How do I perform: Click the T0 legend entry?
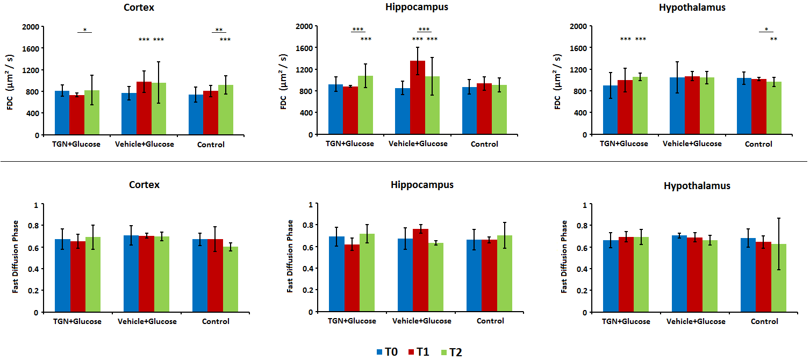[x=387, y=352]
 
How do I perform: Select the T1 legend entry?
[x=419, y=352]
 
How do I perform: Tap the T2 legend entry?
[x=451, y=352]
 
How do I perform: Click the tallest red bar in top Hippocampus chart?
[x=418, y=97]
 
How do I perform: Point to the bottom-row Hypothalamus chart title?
[x=697, y=186]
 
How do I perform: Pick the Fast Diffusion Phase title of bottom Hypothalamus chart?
[x=564, y=256]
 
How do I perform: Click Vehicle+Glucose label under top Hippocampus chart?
[x=418, y=144]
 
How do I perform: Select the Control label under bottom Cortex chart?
[x=216, y=321]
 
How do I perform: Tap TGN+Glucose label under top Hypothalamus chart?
[x=624, y=144]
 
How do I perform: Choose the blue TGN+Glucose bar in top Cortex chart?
[x=62, y=113]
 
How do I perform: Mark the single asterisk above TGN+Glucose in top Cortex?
[x=84, y=30]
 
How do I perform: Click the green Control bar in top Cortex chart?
[x=226, y=110]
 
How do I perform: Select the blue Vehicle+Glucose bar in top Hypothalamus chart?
[x=677, y=106]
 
